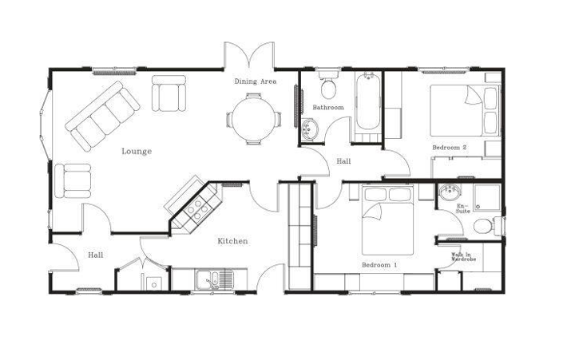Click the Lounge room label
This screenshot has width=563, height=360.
click(137, 151)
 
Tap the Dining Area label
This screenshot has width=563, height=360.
click(255, 81)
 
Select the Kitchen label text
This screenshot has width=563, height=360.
click(232, 241)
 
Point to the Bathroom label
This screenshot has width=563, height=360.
click(327, 107)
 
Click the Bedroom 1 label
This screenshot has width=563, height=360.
click(379, 264)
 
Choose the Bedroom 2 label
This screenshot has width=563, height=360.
click(449, 148)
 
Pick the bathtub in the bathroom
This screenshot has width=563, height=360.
click(368, 102)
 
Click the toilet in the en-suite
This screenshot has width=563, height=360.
click(485, 226)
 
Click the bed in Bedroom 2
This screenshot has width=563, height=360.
click(458, 111)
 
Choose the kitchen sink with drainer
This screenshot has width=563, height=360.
click(215, 279)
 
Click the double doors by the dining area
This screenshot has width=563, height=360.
click(250, 58)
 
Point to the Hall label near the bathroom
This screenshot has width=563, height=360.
click(343, 161)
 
